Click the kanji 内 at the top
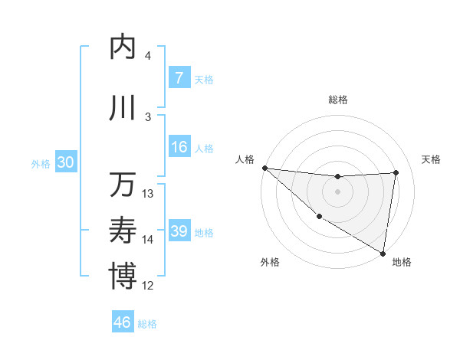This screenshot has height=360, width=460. [x=123, y=47]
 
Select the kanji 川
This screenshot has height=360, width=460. [x=123, y=108]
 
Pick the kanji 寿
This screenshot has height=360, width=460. [x=123, y=231]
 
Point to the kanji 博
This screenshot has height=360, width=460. [x=123, y=277]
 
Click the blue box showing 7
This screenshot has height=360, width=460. [x=179, y=78]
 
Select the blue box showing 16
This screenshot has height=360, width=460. [x=179, y=147]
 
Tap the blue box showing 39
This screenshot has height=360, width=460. [x=179, y=231]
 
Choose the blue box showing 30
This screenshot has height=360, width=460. [x=65, y=162]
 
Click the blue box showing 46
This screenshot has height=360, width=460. [x=122, y=322]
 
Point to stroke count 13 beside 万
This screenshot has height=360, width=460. [x=148, y=194]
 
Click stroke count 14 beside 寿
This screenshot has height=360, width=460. [x=148, y=240]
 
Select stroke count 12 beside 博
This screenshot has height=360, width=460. [x=148, y=286]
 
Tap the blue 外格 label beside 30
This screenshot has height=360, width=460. [x=40, y=163]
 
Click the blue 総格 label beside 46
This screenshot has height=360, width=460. [x=147, y=324]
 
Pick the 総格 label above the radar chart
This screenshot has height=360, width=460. [x=338, y=100]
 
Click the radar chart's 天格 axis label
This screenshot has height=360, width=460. [x=432, y=159]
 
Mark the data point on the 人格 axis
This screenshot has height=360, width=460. [x=264, y=168]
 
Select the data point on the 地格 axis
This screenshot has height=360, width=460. [x=383, y=253]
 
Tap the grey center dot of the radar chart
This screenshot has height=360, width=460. [x=337, y=191]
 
